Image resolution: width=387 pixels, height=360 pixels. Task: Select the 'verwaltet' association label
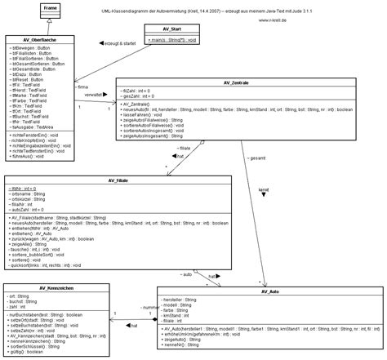click(x=95, y=94)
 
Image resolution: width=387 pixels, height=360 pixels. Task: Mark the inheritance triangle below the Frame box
click(x=28, y=27)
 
